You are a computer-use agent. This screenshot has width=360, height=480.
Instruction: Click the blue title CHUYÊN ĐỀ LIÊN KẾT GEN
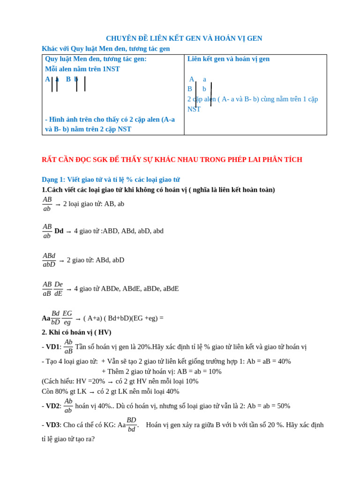tap(184, 38)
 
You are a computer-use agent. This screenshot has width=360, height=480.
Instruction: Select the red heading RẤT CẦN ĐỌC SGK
tap(172, 159)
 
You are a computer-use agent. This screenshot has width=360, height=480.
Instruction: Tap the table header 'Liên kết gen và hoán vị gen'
tap(228, 59)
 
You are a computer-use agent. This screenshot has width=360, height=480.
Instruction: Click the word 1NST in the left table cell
tap(111, 69)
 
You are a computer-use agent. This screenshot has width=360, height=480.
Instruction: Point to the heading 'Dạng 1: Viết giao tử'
tap(111, 180)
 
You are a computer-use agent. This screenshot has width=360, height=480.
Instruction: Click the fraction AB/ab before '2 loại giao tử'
tap(47, 204)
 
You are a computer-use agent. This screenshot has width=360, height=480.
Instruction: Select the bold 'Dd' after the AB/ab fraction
tap(59, 231)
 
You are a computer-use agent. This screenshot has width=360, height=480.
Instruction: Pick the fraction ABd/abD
tap(49, 260)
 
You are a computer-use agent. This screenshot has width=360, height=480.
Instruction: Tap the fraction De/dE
tap(59, 289)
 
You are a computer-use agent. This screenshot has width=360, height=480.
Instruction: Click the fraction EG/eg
tap(67, 318)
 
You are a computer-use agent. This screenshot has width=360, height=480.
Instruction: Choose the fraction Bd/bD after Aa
tap(56, 318)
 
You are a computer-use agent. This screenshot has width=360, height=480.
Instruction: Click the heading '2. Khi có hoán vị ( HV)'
tap(76, 332)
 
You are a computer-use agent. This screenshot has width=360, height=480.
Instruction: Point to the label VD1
tap(53, 347)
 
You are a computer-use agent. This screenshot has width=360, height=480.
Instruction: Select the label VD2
tap(53, 406)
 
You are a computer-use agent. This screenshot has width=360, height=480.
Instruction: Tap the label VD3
tap(52, 425)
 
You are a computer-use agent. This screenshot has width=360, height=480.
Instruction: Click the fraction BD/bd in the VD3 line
tap(131, 425)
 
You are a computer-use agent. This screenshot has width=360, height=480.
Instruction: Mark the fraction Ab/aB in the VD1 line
tap(68, 347)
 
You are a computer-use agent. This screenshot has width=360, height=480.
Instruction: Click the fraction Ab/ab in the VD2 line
tap(68, 406)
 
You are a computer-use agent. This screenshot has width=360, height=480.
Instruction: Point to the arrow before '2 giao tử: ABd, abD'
tap(61, 261)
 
